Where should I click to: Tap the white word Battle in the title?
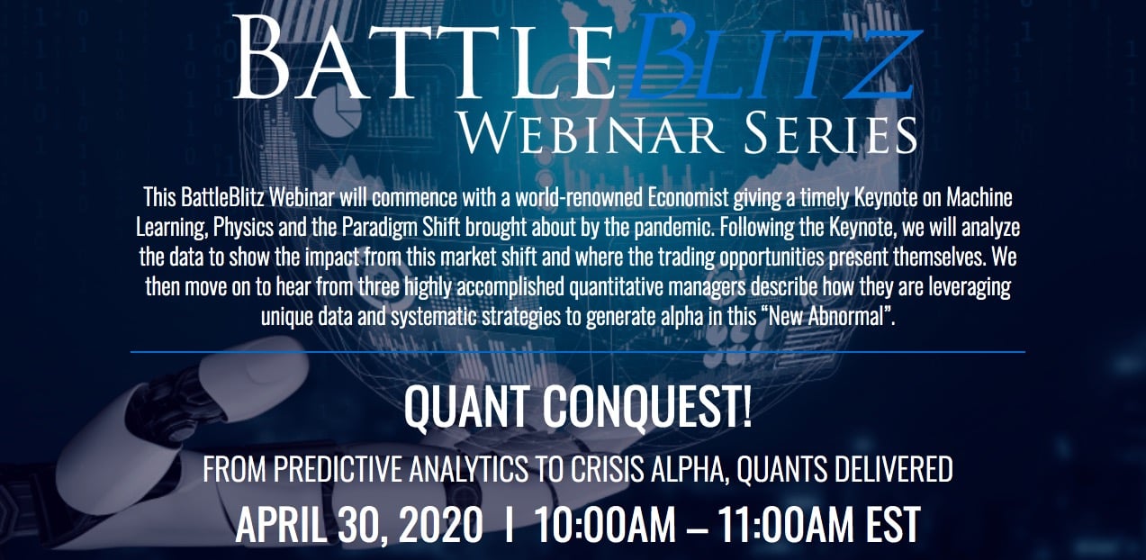(x=424, y=57)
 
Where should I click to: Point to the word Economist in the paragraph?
(x=688, y=197)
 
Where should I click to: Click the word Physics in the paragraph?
(x=243, y=227)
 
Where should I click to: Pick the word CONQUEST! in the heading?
(x=647, y=407)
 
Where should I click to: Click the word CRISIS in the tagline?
(x=608, y=469)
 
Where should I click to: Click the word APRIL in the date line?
(x=280, y=525)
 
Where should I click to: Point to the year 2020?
(x=441, y=525)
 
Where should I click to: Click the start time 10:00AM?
(x=605, y=525)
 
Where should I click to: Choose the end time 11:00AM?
(x=785, y=525)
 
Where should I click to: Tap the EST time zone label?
(x=893, y=525)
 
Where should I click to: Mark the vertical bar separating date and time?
(x=509, y=525)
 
